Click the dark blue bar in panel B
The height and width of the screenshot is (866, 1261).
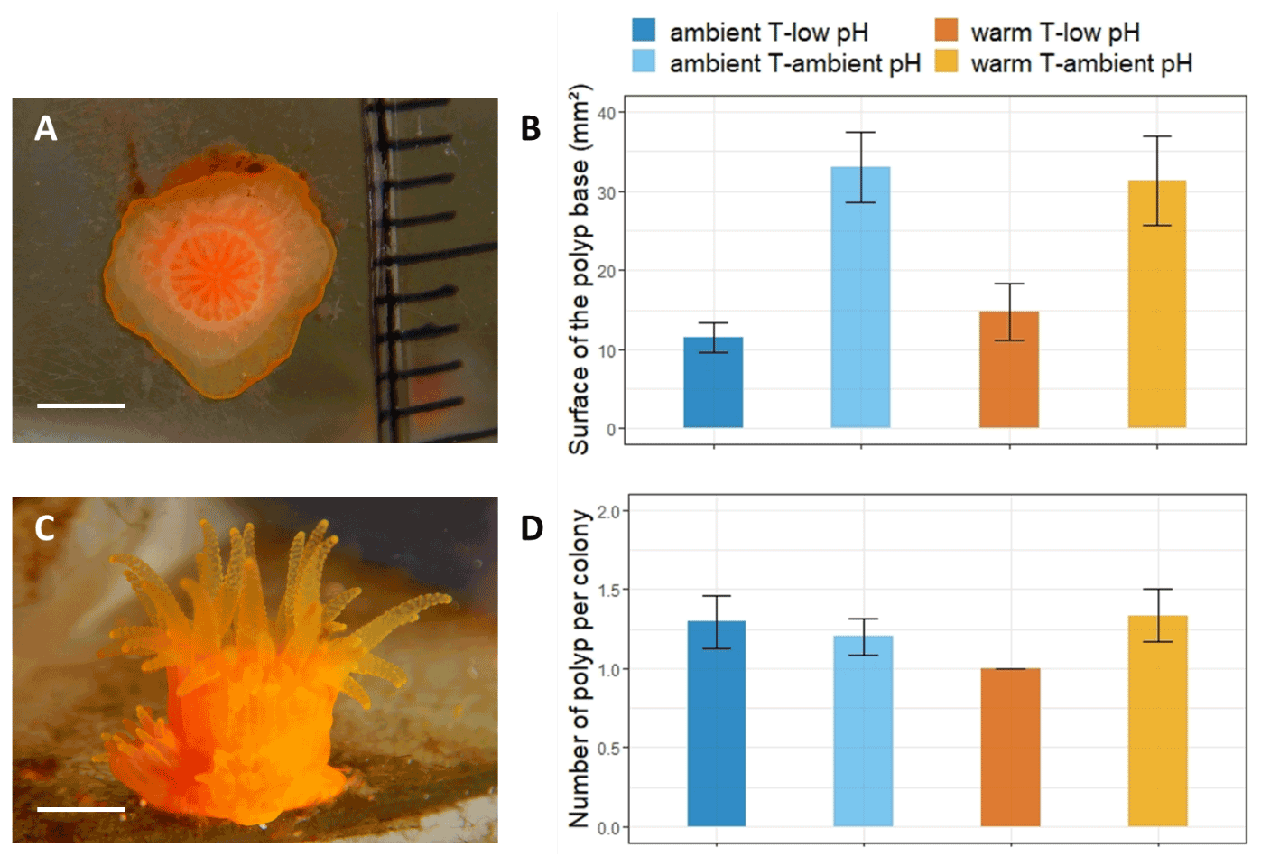[713, 382]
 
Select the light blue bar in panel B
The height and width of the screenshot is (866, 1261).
[860, 297]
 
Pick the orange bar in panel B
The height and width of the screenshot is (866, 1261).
[1008, 369]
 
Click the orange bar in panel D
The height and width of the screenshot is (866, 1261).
[1010, 747]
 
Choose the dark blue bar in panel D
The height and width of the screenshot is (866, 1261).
[717, 723]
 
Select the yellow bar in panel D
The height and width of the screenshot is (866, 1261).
[1157, 721]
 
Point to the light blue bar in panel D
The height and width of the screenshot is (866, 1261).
[863, 731]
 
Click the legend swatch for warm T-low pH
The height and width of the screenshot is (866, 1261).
[946, 31]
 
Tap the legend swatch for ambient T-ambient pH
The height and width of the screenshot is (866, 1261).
[644, 61]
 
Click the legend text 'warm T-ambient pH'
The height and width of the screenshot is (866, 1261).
[1081, 63]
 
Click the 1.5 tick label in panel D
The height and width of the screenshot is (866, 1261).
[608, 590]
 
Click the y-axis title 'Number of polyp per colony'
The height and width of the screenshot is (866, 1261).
[580, 668]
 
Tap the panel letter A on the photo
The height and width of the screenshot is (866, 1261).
[45, 128]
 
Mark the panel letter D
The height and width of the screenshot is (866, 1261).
[532, 528]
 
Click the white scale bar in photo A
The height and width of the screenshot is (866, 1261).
[80, 405]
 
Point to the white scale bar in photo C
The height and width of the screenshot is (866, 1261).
[80, 808]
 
